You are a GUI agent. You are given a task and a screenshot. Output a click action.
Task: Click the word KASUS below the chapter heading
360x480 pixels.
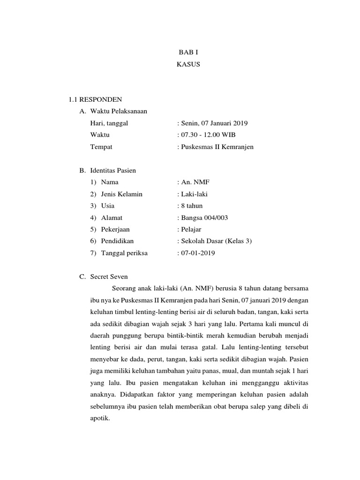click(188, 65)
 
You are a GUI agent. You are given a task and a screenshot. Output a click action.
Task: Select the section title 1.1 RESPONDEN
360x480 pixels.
click(95, 100)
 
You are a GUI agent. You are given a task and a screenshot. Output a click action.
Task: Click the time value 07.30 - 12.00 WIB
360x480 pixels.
click(207, 135)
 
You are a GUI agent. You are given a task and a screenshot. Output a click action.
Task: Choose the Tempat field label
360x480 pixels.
click(101, 147)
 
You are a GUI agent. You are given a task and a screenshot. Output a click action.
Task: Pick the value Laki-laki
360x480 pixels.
click(194, 194)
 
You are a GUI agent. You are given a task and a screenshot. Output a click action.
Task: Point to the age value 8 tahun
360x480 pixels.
click(192, 206)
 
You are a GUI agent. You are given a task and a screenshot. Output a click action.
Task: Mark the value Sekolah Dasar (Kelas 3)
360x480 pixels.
click(216, 241)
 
